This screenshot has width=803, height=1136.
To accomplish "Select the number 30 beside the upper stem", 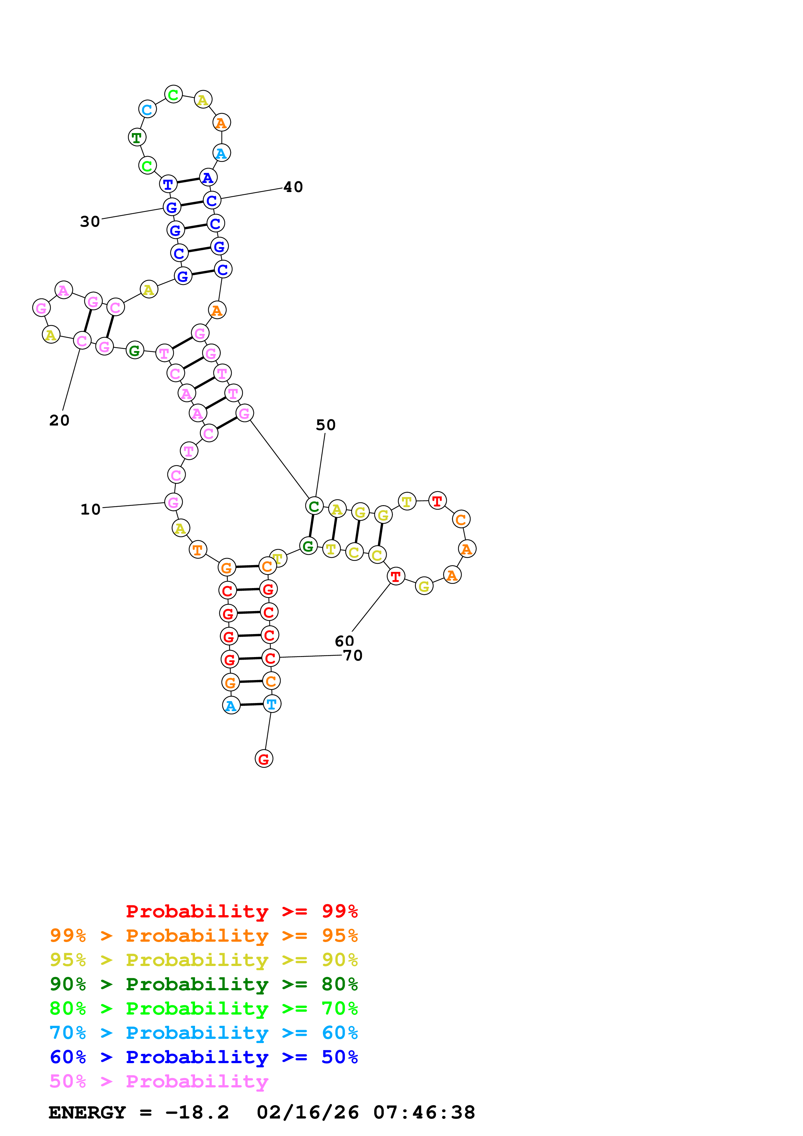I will [90, 221].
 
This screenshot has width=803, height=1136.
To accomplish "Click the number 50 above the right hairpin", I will [326, 425].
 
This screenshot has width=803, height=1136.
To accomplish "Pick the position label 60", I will [344, 641].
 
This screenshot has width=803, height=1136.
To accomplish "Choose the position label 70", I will [353, 655].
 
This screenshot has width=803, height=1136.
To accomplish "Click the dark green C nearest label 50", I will [314, 506].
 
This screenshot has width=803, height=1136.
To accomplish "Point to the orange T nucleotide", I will [197, 549].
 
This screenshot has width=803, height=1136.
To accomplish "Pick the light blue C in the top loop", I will [147, 109].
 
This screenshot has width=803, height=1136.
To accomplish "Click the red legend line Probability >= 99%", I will [241, 911].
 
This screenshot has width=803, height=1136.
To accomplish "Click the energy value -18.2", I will [197, 1112].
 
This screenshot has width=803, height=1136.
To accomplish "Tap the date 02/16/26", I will [308, 1112].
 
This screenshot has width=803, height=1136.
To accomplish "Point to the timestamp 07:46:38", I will [424, 1112].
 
